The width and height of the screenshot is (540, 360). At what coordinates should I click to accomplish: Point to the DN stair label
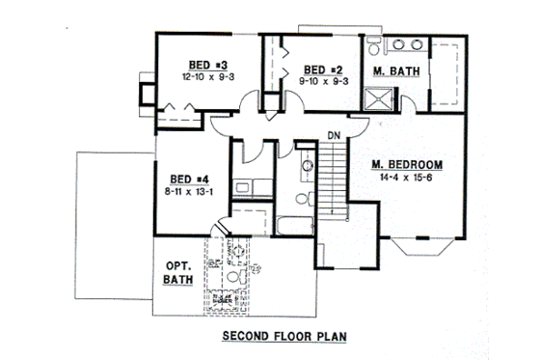334,134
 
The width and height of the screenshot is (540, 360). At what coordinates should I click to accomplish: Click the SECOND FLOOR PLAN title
283,338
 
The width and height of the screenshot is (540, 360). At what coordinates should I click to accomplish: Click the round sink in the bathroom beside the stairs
306,166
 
